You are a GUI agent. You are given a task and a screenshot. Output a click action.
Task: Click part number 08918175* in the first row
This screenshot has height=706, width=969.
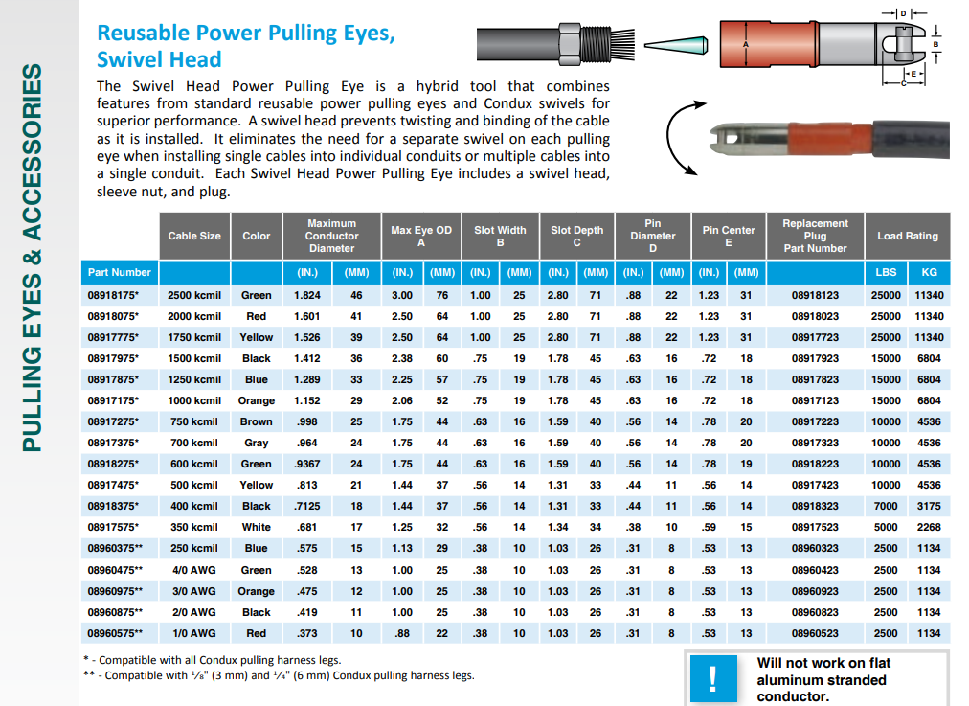coord(113,295)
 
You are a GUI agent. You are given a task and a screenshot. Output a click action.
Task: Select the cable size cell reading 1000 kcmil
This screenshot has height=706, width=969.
coord(194,400)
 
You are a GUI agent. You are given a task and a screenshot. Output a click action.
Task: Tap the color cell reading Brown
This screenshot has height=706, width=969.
coord(256,421)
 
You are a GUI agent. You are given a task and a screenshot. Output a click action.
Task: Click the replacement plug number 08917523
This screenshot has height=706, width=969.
coord(815,527)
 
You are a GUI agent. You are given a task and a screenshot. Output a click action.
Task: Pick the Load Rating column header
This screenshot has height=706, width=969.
coord(907,236)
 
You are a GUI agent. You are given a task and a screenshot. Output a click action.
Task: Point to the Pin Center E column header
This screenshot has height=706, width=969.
coord(728,236)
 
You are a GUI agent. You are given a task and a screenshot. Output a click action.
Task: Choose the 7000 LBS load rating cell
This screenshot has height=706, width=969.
coord(886,506)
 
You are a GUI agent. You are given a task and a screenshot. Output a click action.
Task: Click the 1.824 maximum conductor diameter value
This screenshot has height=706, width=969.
coord(307,295)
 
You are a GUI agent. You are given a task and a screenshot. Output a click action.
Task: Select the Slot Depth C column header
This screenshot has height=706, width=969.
coord(576,236)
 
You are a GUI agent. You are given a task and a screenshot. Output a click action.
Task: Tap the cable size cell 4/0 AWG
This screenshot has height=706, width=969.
coord(194,570)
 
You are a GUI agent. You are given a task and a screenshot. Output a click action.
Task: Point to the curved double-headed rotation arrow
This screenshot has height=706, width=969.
coord(678,140)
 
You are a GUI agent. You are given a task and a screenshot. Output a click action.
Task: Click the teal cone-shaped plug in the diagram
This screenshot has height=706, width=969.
coord(676,44)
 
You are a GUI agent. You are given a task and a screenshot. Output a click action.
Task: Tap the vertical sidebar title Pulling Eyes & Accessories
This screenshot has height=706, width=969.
coord(33,258)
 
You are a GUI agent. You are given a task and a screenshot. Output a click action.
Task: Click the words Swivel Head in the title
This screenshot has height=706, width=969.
coord(146,58)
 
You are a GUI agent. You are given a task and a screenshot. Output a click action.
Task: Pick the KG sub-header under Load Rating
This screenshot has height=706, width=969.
coord(929,272)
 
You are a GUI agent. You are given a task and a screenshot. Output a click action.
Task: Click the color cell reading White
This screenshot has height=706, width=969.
coord(256,527)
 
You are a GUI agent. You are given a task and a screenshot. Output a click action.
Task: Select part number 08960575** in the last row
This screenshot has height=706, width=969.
coord(115,633)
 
